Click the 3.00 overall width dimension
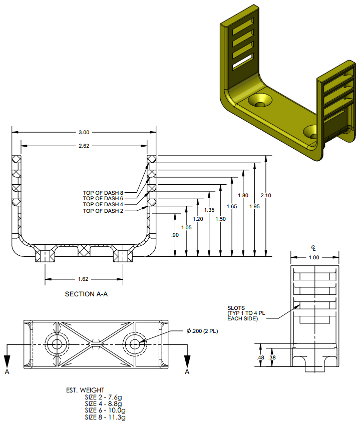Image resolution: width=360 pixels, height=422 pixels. [x=84, y=132]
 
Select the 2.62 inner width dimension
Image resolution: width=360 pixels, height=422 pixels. [x=84, y=146]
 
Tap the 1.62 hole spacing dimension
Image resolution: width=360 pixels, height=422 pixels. [x=84, y=279]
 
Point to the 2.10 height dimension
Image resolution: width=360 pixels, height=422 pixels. [x=266, y=195]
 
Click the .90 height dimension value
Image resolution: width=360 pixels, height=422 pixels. [x=174, y=235]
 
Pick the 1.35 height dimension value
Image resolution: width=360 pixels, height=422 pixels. [x=209, y=210]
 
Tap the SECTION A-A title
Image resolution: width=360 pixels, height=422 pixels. [x=86, y=294]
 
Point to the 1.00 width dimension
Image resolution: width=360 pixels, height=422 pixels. [x=314, y=257]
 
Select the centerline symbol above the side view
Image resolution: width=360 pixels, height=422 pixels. [x=314, y=248]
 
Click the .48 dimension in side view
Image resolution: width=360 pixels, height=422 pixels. [x=260, y=357]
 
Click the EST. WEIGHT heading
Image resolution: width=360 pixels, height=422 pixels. [x=85, y=390]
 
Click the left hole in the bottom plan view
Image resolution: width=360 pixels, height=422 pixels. [x=56, y=344]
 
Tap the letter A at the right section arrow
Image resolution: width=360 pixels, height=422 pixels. [x=187, y=372]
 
